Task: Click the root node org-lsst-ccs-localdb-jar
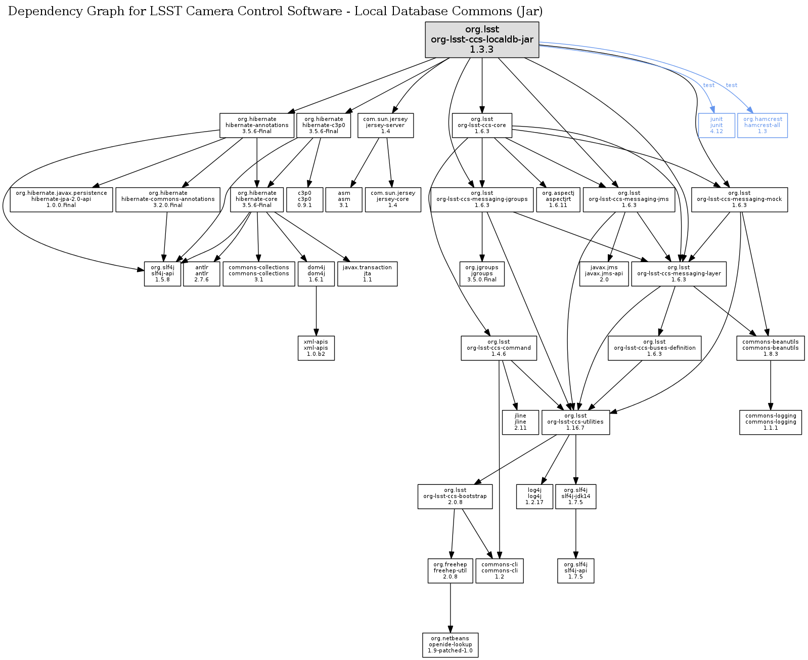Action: [x=482, y=39]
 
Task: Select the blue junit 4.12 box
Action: [x=716, y=126]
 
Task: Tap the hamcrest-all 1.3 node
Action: [x=762, y=126]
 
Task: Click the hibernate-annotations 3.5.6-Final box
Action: [x=257, y=126]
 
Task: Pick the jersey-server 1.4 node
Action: [x=385, y=126]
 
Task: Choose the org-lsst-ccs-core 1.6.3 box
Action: [x=482, y=126]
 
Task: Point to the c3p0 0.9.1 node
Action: [x=304, y=199]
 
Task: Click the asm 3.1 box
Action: [x=344, y=199]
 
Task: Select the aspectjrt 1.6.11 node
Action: [x=558, y=199]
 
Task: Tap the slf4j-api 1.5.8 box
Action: [x=162, y=274]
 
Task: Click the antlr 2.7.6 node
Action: [x=201, y=274]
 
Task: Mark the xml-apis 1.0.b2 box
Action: [x=316, y=348]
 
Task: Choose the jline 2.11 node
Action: [x=520, y=422]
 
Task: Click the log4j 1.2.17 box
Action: [x=534, y=497]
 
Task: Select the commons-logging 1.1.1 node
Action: [x=771, y=422]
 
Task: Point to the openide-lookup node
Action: [x=450, y=645]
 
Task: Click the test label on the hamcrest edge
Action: [x=731, y=85]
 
